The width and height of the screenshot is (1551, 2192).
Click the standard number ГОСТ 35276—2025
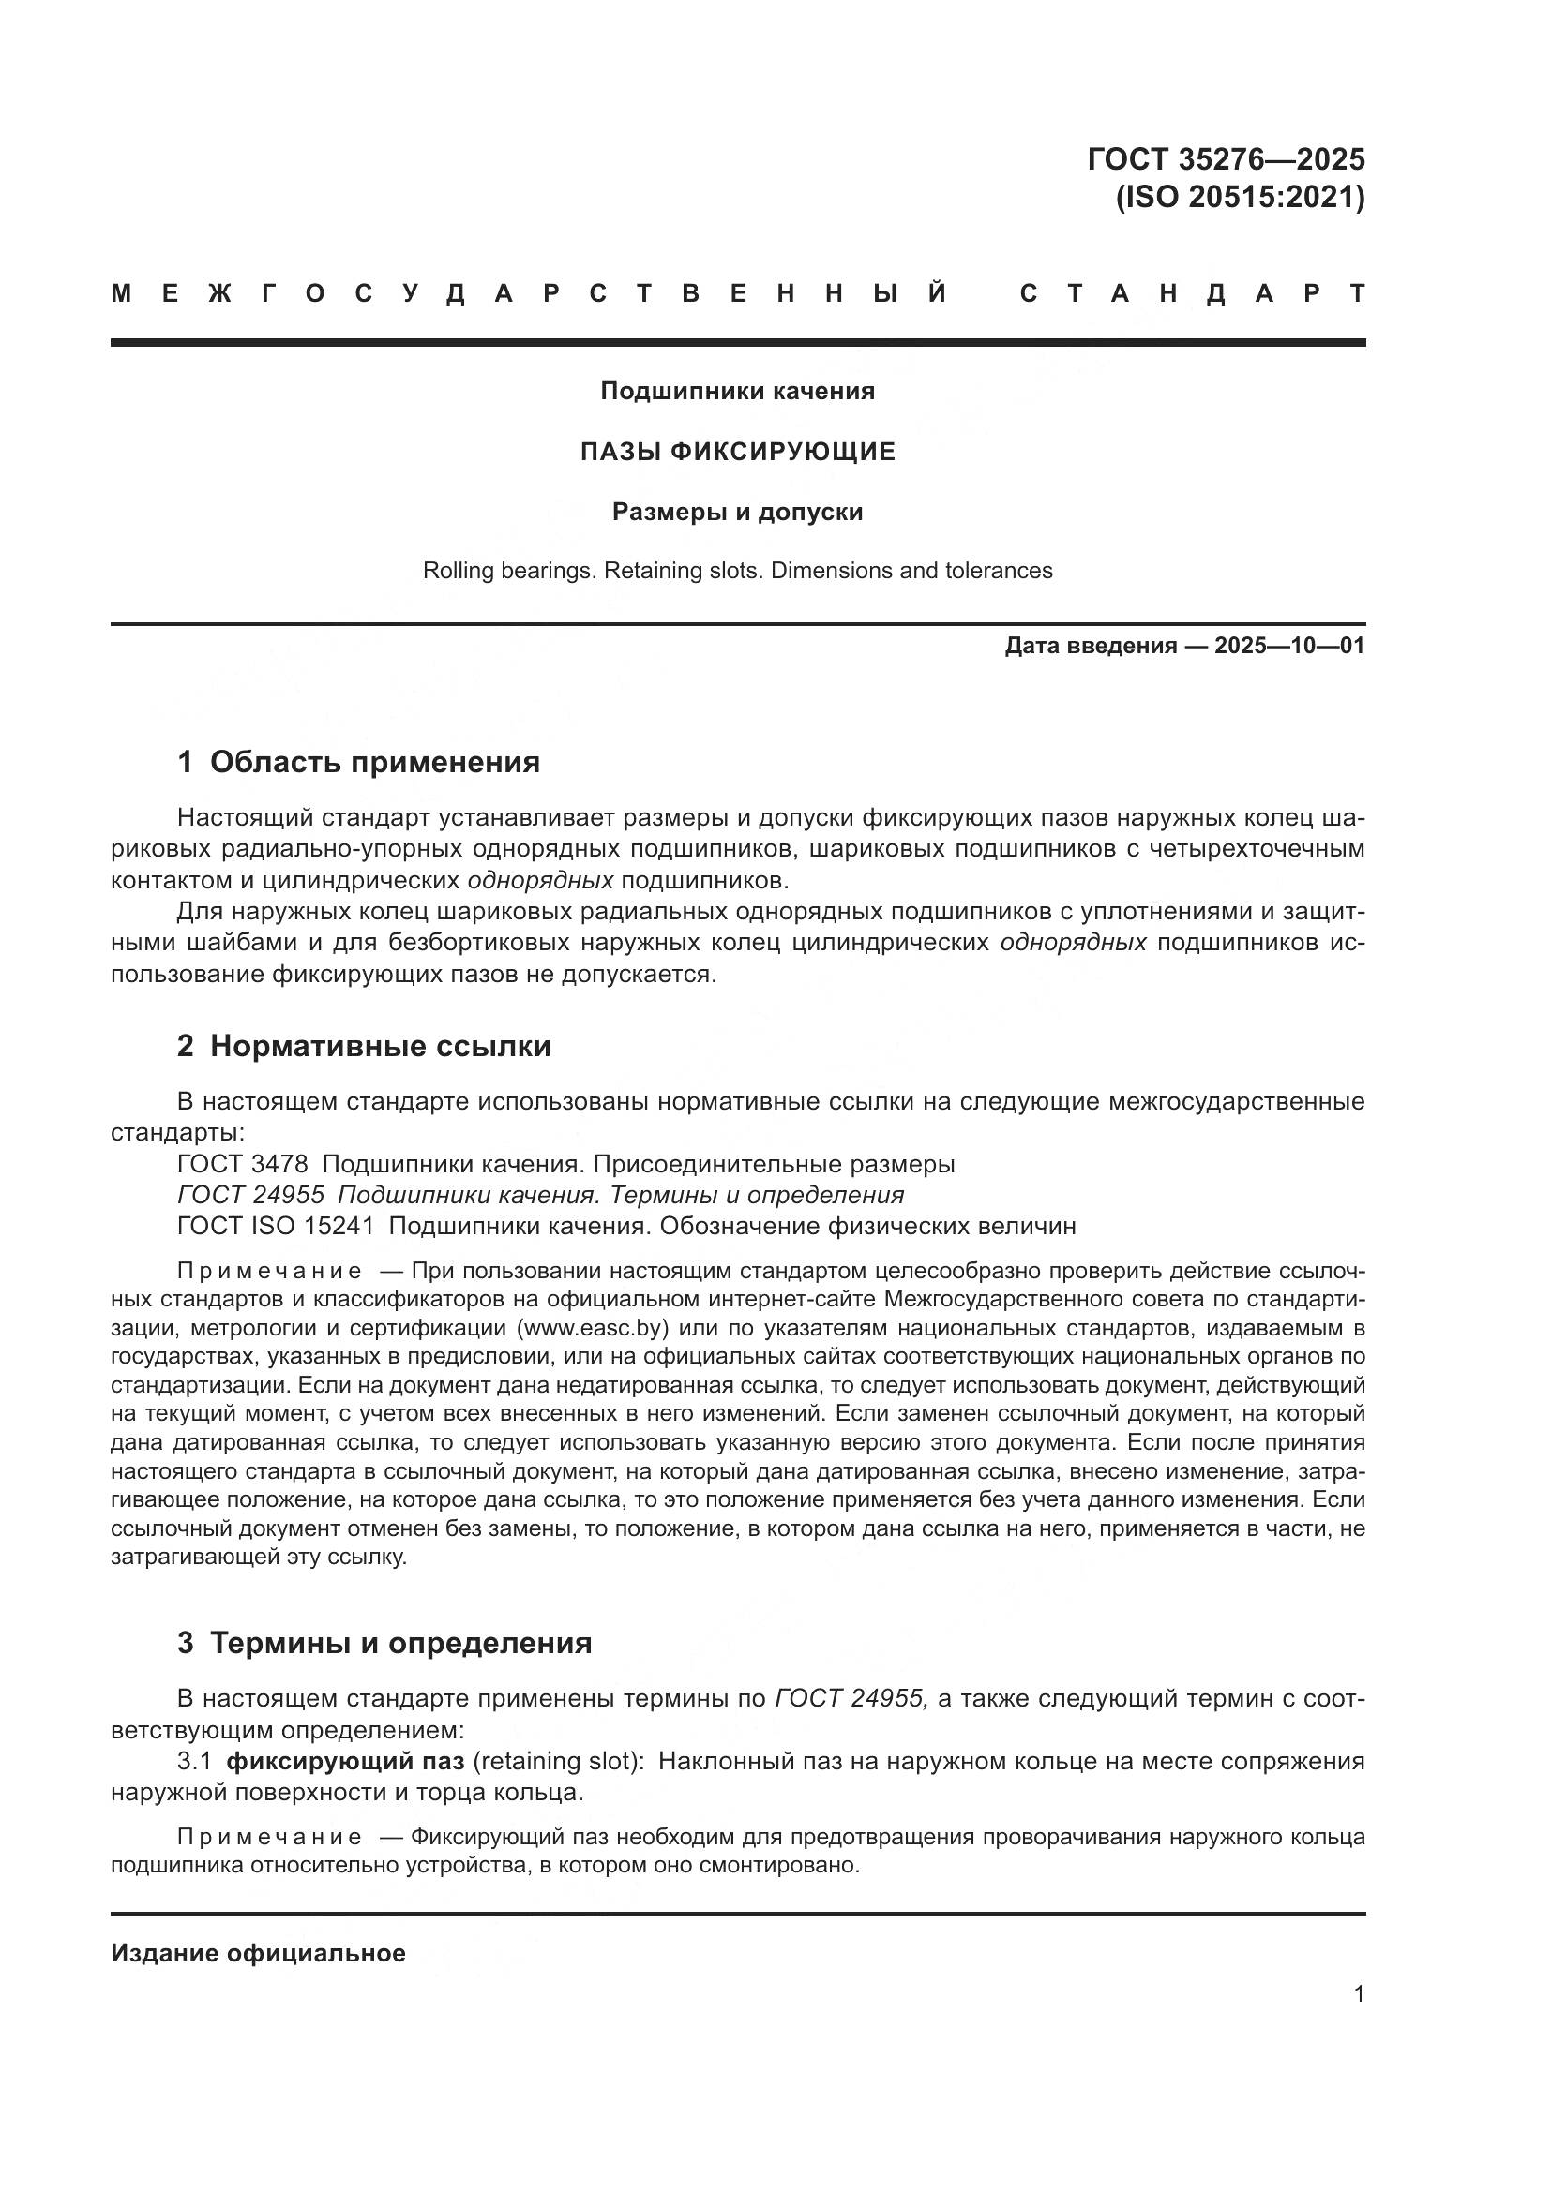[x=1226, y=158]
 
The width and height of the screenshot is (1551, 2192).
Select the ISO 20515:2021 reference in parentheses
[x=1240, y=197]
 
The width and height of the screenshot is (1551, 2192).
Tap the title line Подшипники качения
[x=737, y=391]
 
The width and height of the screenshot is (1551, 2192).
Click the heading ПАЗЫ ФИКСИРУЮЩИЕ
[x=737, y=452]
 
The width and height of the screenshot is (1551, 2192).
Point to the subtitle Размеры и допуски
[x=737, y=512]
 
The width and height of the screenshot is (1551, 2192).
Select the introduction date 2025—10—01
[x=1289, y=647]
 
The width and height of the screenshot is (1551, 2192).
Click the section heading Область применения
[x=374, y=762]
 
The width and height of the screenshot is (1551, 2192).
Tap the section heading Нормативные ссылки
[x=380, y=1047]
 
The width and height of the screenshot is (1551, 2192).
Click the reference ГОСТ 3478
[x=243, y=1165]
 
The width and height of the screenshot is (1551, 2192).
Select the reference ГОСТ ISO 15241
[x=275, y=1226]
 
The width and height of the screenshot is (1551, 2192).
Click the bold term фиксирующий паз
[x=346, y=1761]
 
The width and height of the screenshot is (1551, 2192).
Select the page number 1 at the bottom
[x=1358, y=1993]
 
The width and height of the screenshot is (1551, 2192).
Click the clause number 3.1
[x=194, y=1761]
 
